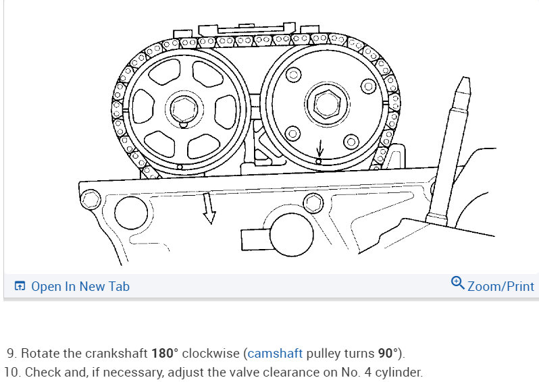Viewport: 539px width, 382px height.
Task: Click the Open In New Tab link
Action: pos(80,286)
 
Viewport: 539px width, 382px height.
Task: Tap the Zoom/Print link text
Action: pos(501,286)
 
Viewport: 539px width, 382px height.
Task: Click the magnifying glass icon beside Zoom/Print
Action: pos(457,283)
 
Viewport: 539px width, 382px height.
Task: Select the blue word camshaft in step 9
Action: pos(275,353)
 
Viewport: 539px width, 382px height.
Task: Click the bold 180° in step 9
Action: pos(165,353)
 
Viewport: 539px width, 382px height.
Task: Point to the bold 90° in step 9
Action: pos(388,353)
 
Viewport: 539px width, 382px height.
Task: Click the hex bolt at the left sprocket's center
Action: pos(184,109)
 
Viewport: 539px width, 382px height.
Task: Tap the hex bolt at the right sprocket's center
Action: pos(327,104)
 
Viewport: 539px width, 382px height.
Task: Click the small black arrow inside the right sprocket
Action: pos(320,148)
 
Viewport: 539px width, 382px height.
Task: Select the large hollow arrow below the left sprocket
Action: pos(208,209)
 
